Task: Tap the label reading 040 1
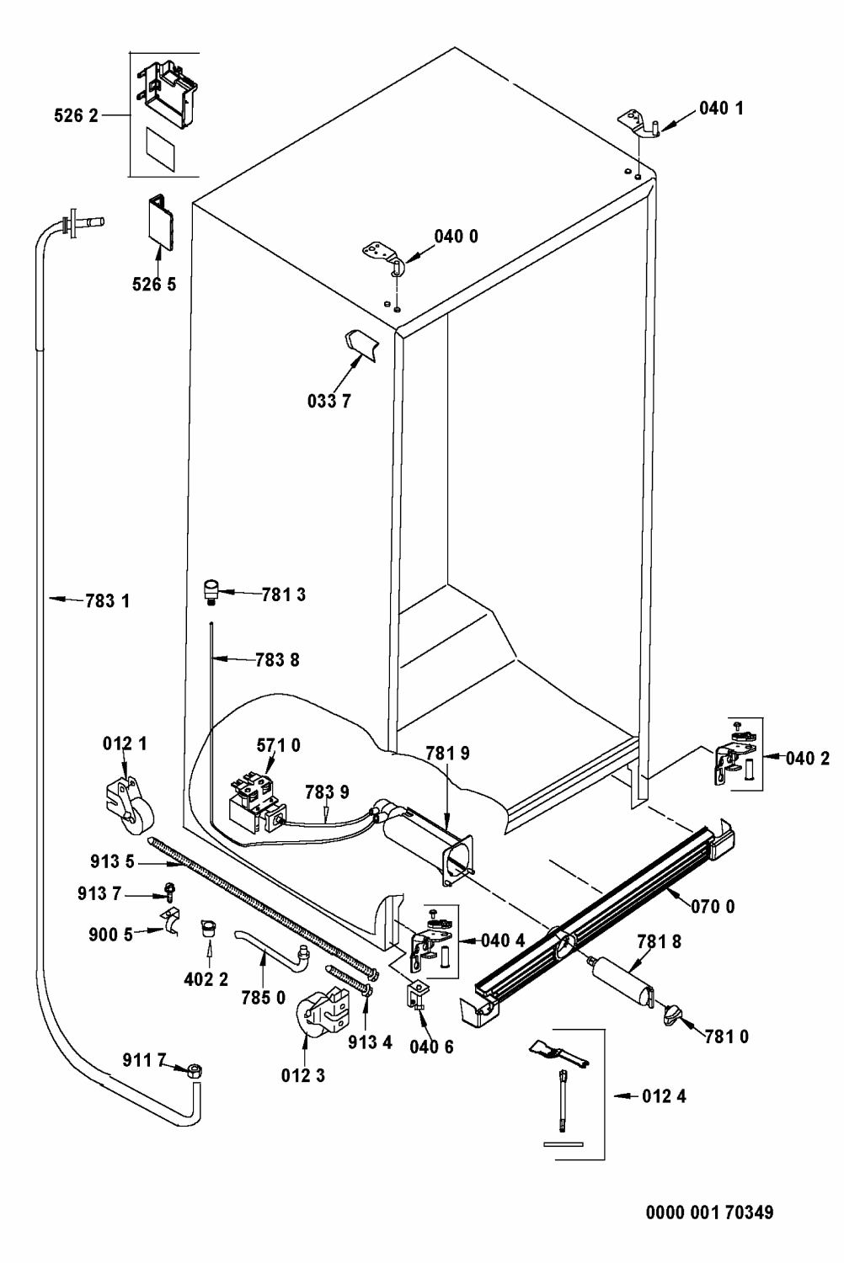[x=720, y=108]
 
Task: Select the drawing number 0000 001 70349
[x=709, y=1213]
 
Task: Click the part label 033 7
[x=329, y=401]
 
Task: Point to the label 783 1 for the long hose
[x=107, y=601]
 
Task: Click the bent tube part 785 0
[x=271, y=956]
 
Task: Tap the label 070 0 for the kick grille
[x=713, y=907]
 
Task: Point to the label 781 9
[x=447, y=754]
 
